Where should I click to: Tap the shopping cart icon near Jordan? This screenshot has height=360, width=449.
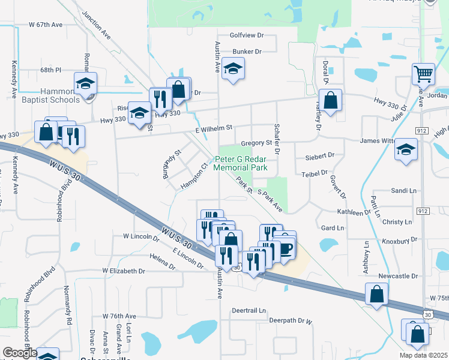(x=423, y=74)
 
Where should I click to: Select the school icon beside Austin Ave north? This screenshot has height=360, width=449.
(x=233, y=69)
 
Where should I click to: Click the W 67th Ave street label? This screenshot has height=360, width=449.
(x=46, y=25)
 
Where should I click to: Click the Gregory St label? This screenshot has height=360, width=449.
(x=256, y=143)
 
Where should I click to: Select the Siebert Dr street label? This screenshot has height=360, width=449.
(x=319, y=155)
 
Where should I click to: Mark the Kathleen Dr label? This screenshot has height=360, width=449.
(x=355, y=212)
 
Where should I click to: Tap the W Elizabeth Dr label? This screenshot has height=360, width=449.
(x=124, y=271)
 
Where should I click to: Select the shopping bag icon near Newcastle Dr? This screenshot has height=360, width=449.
(x=376, y=294)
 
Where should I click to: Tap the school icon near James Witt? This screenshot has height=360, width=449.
(x=406, y=149)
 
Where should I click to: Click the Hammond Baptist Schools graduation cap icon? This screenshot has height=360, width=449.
(x=86, y=83)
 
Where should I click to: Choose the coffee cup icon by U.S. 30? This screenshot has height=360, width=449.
(x=286, y=247)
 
